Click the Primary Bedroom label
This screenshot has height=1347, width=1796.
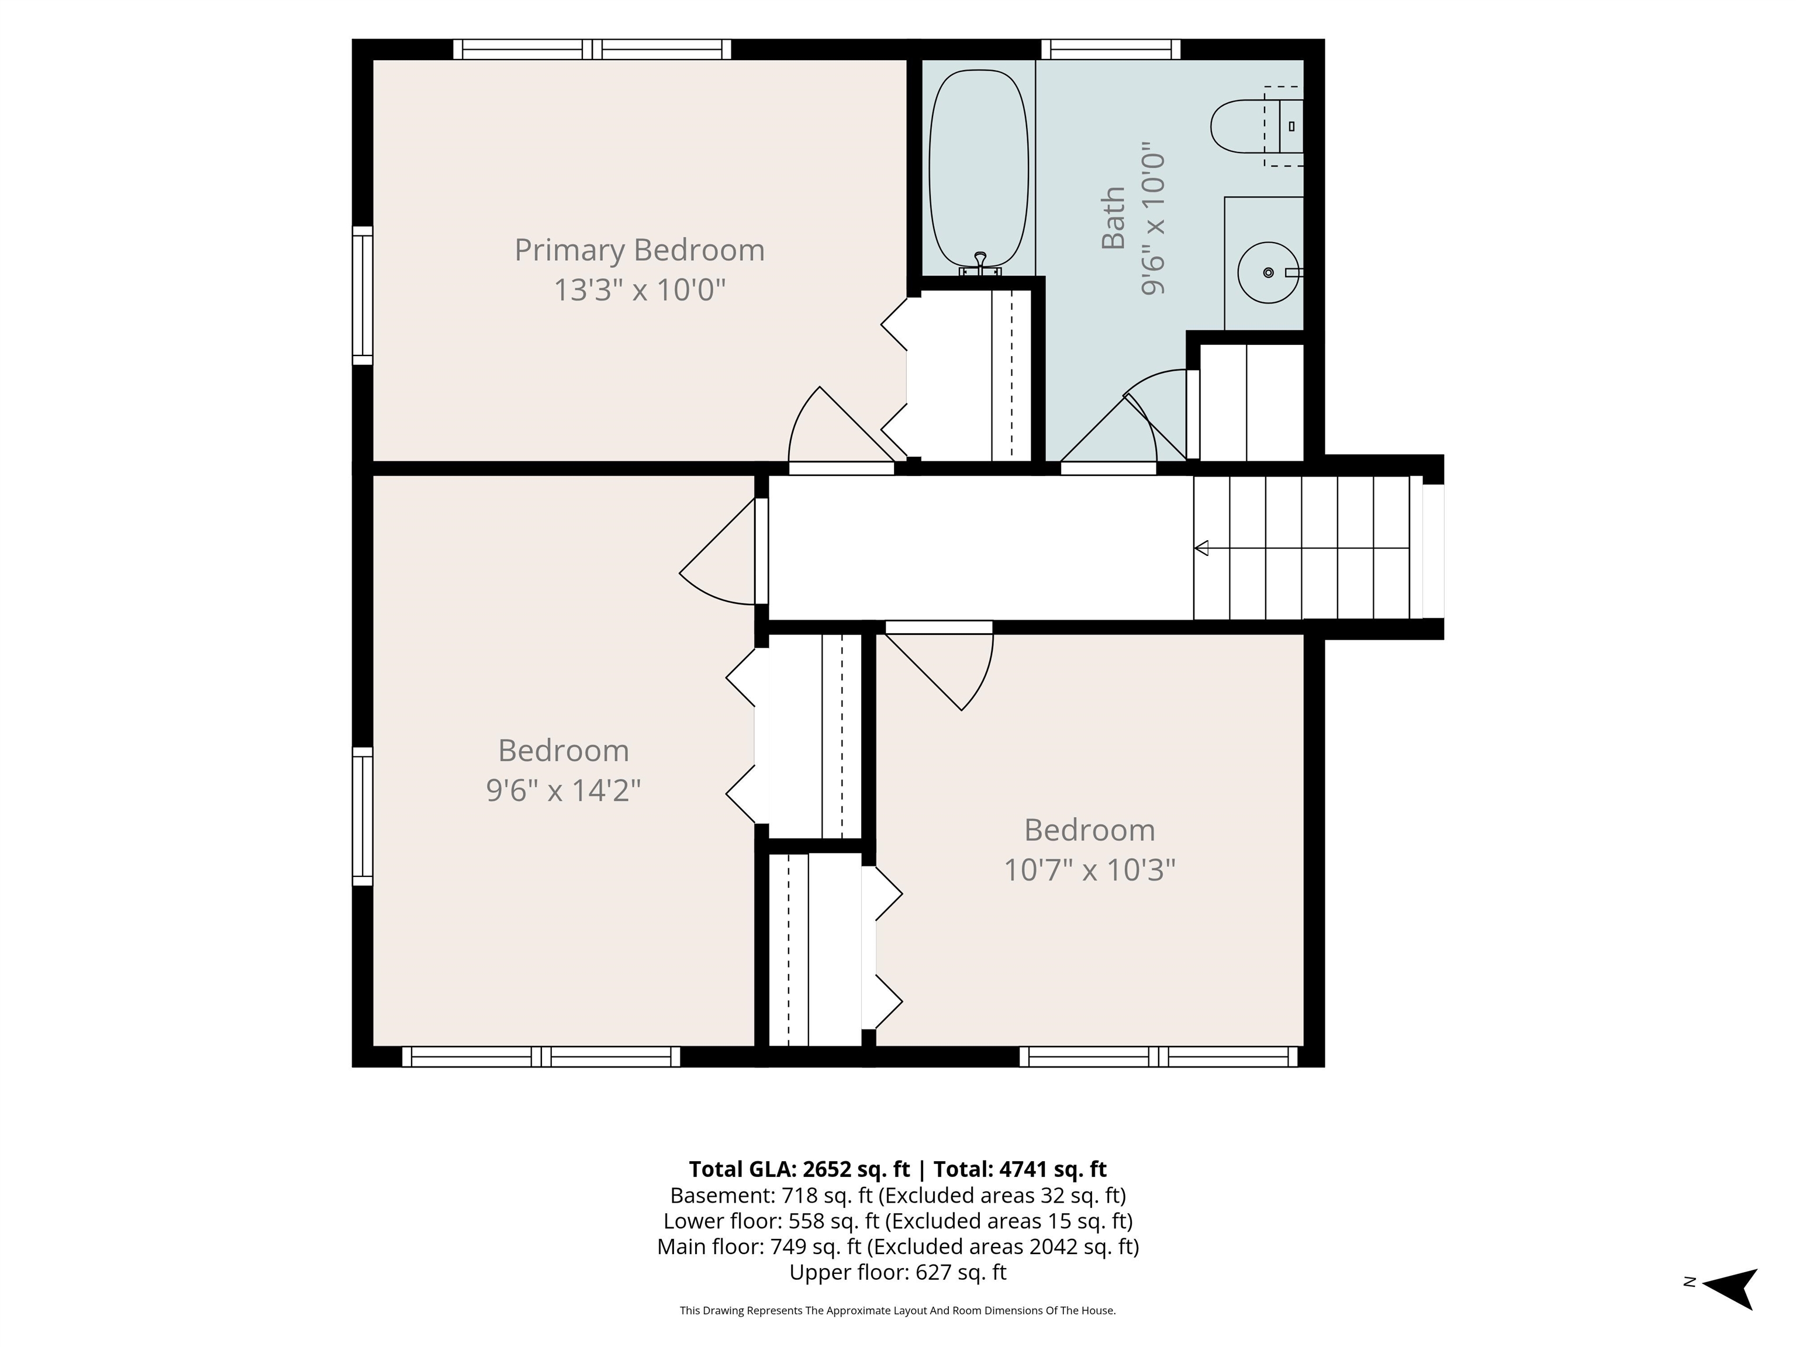click(640, 250)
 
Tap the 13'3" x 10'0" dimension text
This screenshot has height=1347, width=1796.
click(640, 290)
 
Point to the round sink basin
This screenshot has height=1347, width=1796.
click(1268, 272)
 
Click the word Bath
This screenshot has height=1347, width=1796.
click(1113, 217)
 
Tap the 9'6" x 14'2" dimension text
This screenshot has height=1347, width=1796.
click(564, 790)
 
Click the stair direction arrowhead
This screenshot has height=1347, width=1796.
click(1201, 548)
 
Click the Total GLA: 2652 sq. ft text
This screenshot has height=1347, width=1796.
click(800, 1169)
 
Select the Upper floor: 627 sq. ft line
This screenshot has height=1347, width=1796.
click(898, 1272)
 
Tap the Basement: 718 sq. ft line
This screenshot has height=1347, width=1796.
click(898, 1195)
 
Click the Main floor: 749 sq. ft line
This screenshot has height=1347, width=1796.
click(898, 1246)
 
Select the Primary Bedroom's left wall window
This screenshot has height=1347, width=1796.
click(362, 296)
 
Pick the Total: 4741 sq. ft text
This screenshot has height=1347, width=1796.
click(1020, 1169)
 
